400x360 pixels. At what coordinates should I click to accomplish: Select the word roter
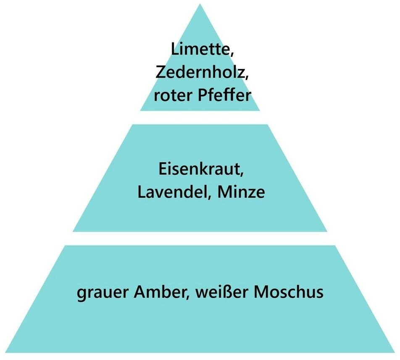point(169,95)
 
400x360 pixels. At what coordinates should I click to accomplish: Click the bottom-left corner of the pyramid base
point(6,352)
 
